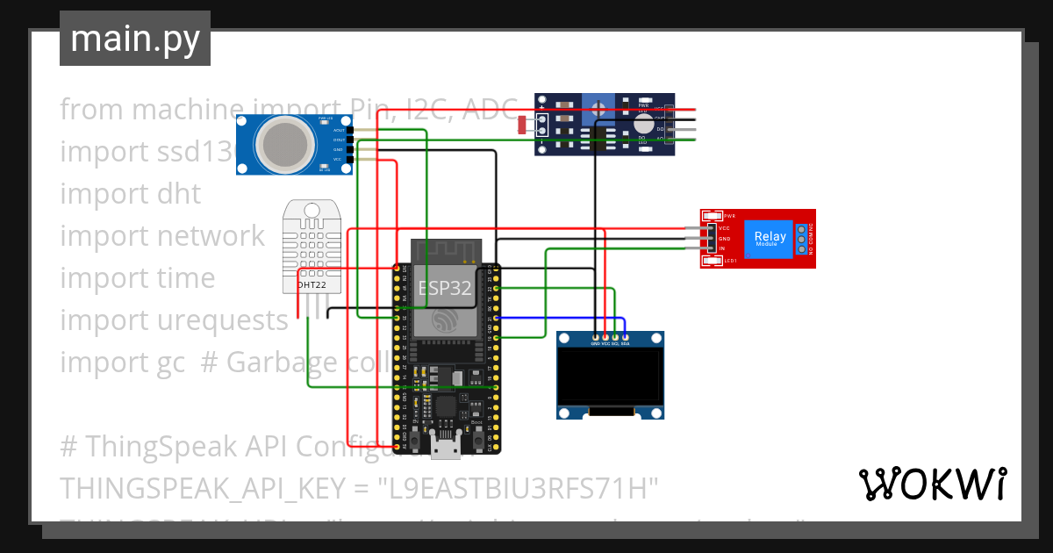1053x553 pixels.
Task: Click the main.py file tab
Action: tap(134, 39)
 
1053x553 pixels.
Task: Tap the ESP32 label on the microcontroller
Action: tap(446, 287)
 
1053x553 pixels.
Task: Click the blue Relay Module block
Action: tap(770, 238)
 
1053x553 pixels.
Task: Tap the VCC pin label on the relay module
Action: tap(725, 228)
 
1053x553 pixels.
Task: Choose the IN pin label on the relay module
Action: tap(723, 249)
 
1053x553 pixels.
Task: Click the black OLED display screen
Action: tap(610, 375)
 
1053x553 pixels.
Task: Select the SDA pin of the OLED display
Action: tap(625, 338)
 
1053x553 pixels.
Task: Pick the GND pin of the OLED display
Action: tap(596, 338)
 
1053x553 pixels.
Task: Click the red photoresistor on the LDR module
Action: tap(524, 126)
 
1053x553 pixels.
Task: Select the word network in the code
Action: tap(211, 235)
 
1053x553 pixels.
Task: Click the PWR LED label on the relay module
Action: tap(728, 216)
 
